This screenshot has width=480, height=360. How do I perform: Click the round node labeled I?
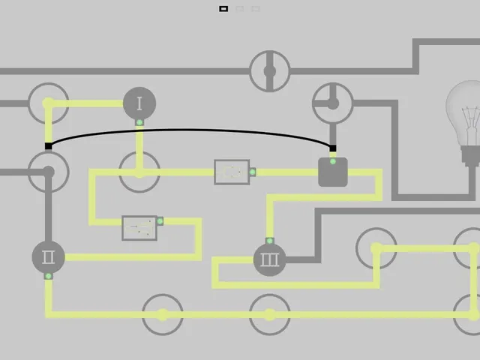[139, 103]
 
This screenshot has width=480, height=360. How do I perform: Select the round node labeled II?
[48, 257]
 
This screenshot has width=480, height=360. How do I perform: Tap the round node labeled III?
[270, 260]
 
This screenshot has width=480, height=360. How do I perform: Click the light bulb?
[463, 122]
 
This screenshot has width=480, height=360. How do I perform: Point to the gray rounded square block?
[333, 172]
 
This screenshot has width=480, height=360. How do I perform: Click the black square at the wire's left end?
[48, 146]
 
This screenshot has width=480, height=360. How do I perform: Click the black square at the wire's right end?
[333, 148]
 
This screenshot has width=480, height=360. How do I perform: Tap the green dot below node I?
[139, 122]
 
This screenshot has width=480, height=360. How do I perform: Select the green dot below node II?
[48, 276]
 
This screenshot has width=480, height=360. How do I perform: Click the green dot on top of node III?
[270, 241]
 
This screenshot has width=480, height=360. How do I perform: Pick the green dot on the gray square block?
[333, 161]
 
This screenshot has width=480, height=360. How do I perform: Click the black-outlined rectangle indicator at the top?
[223, 9]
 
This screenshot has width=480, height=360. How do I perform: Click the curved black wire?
[190, 130]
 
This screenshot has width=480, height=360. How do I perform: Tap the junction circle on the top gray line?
[270, 71]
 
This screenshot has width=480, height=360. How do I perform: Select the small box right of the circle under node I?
[232, 172]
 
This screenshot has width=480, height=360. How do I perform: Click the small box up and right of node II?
[139, 228]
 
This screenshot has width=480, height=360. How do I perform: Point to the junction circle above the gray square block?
[333, 103]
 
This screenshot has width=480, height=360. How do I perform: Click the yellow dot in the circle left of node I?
[48, 103]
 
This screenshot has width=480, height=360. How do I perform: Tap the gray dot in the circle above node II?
[48, 172]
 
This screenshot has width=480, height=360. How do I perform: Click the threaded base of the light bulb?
[471, 156]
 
